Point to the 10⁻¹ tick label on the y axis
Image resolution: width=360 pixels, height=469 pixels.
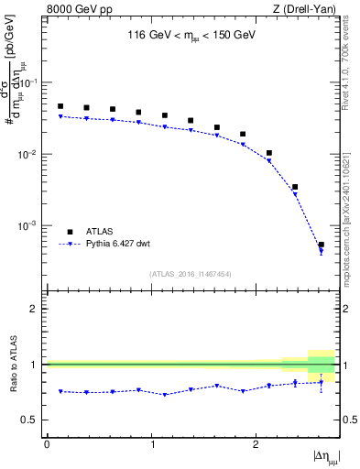click(30, 82)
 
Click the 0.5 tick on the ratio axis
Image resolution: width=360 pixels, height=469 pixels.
click(32, 420)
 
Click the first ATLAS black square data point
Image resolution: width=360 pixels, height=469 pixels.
click(60, 106)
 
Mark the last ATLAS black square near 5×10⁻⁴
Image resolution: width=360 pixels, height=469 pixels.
click(321, 245)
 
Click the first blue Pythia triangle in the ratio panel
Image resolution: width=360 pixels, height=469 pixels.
click(60, 391)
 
